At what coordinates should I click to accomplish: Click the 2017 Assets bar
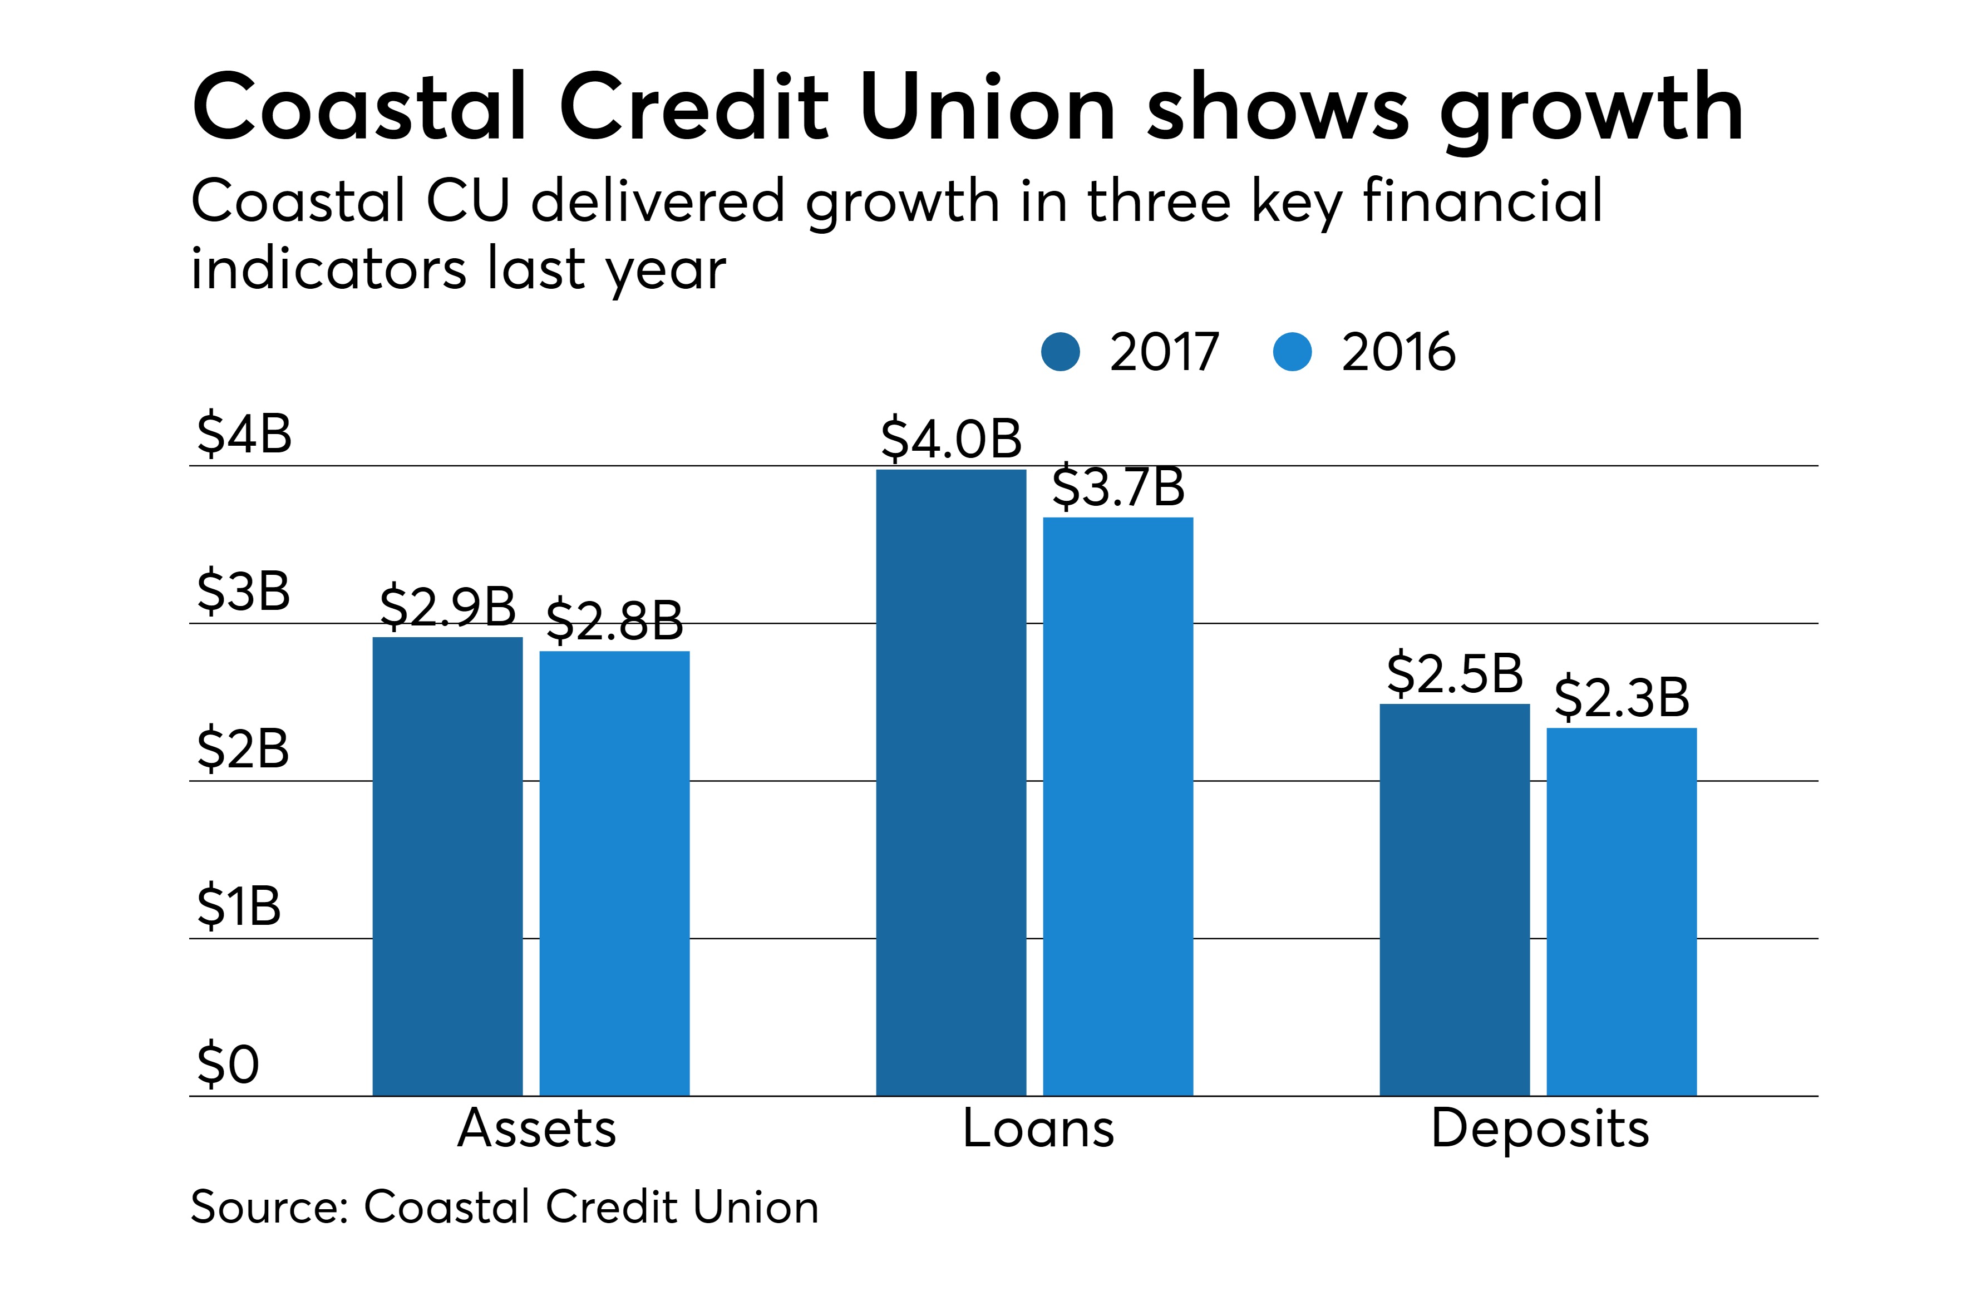[447, 866]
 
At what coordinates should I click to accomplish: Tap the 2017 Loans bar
[950, 782]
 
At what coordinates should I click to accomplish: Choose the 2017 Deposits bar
[1454, 899]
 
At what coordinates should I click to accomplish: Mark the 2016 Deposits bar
[1622, 911]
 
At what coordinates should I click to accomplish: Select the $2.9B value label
[447, 606]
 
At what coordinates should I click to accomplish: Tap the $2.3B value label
[1622, 697]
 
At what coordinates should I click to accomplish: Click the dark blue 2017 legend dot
[1061, 352]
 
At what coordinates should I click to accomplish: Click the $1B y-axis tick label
[239, 906]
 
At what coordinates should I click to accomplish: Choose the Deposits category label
[1540, 1130]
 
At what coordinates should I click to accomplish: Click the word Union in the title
[987, 108]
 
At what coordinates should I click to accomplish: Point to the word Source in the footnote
[268, 1207]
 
